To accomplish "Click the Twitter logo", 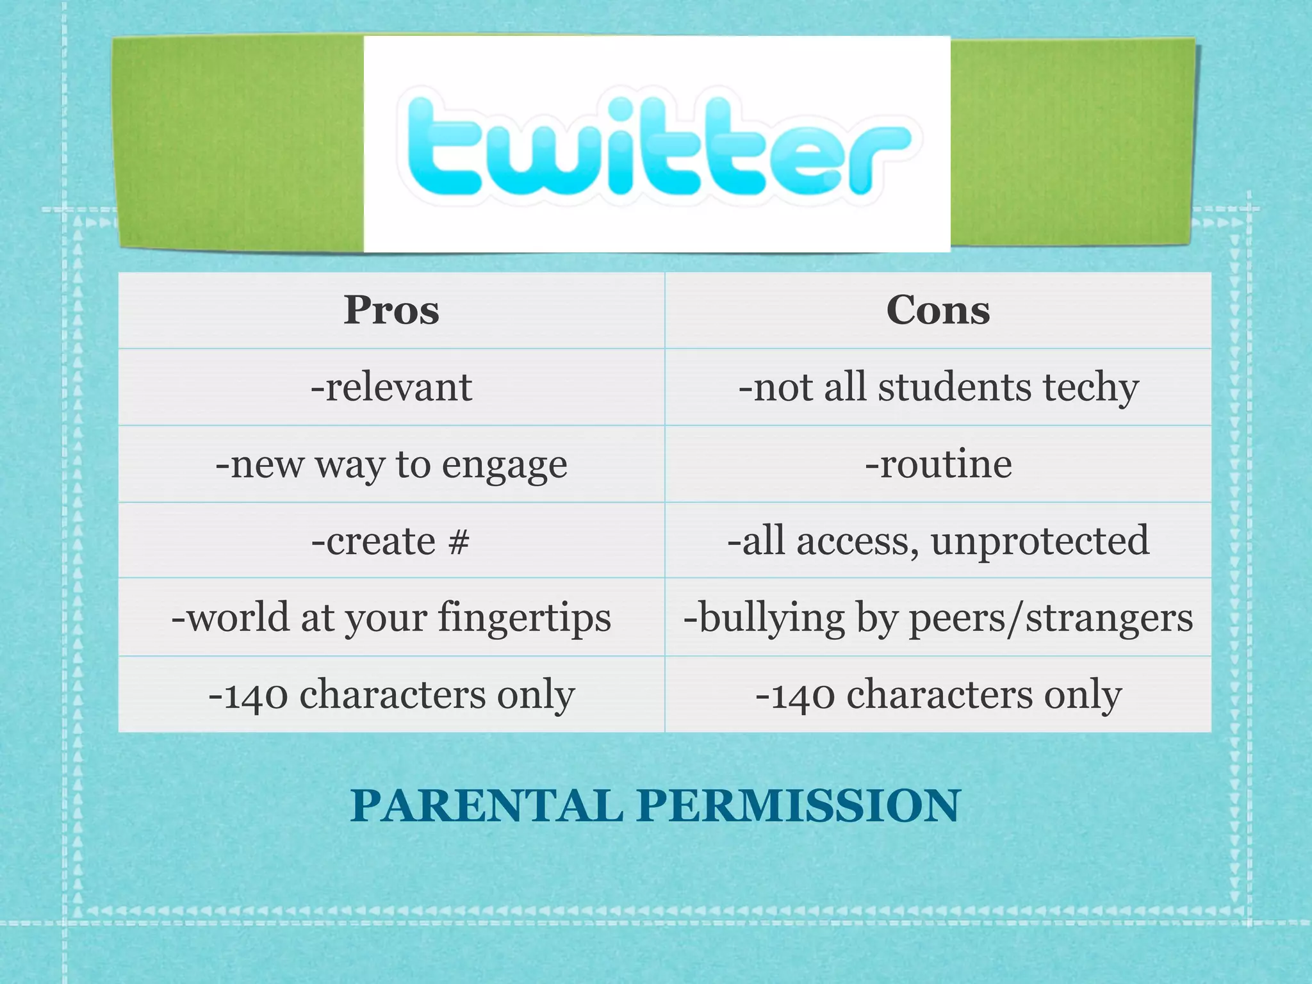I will coord(657,145).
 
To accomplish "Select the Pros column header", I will coord(391,311).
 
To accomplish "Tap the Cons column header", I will coord(938,311).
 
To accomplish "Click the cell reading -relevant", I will coord(391,388).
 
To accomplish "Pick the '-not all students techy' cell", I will coord(938,388).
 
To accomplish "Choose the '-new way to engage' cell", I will coord(391,464).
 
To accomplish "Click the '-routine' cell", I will coord(938,464).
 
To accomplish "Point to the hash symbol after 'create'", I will coord(459,541).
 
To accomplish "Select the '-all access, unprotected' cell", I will coord(938,541).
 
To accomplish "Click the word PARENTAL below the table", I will coord(486,805).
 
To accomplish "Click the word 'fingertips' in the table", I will coord(525,619).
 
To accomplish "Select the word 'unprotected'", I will coord(1040,541).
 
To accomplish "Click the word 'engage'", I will coord(504,466).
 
